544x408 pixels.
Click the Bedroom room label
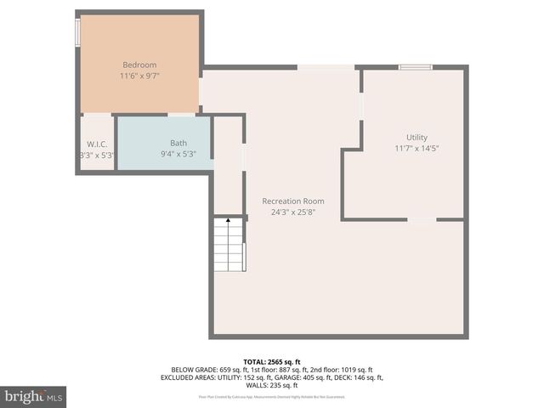click(x=139, y=65)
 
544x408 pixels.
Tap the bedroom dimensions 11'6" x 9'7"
click(x=139, y=76)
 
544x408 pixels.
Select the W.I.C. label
click(x=95, y=144)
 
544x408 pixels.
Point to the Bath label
click(x=178, y=143)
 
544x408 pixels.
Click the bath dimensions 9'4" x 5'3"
click(x=178, y=154)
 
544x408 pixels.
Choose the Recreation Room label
click(x=293, y=201)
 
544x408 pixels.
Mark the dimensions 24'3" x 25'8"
click(x=293, y=212)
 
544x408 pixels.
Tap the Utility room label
click(x=416, y=137)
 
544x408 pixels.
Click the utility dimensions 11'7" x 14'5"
click(x=416, y=148)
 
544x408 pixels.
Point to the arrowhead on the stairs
click(x=228, y=220)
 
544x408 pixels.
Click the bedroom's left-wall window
click(x=78, y=32)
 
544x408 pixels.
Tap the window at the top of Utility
click(x=416, y=67)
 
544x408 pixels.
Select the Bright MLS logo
click(x=33, y=396)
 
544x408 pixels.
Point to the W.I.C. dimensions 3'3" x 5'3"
click(x=96, y=155)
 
